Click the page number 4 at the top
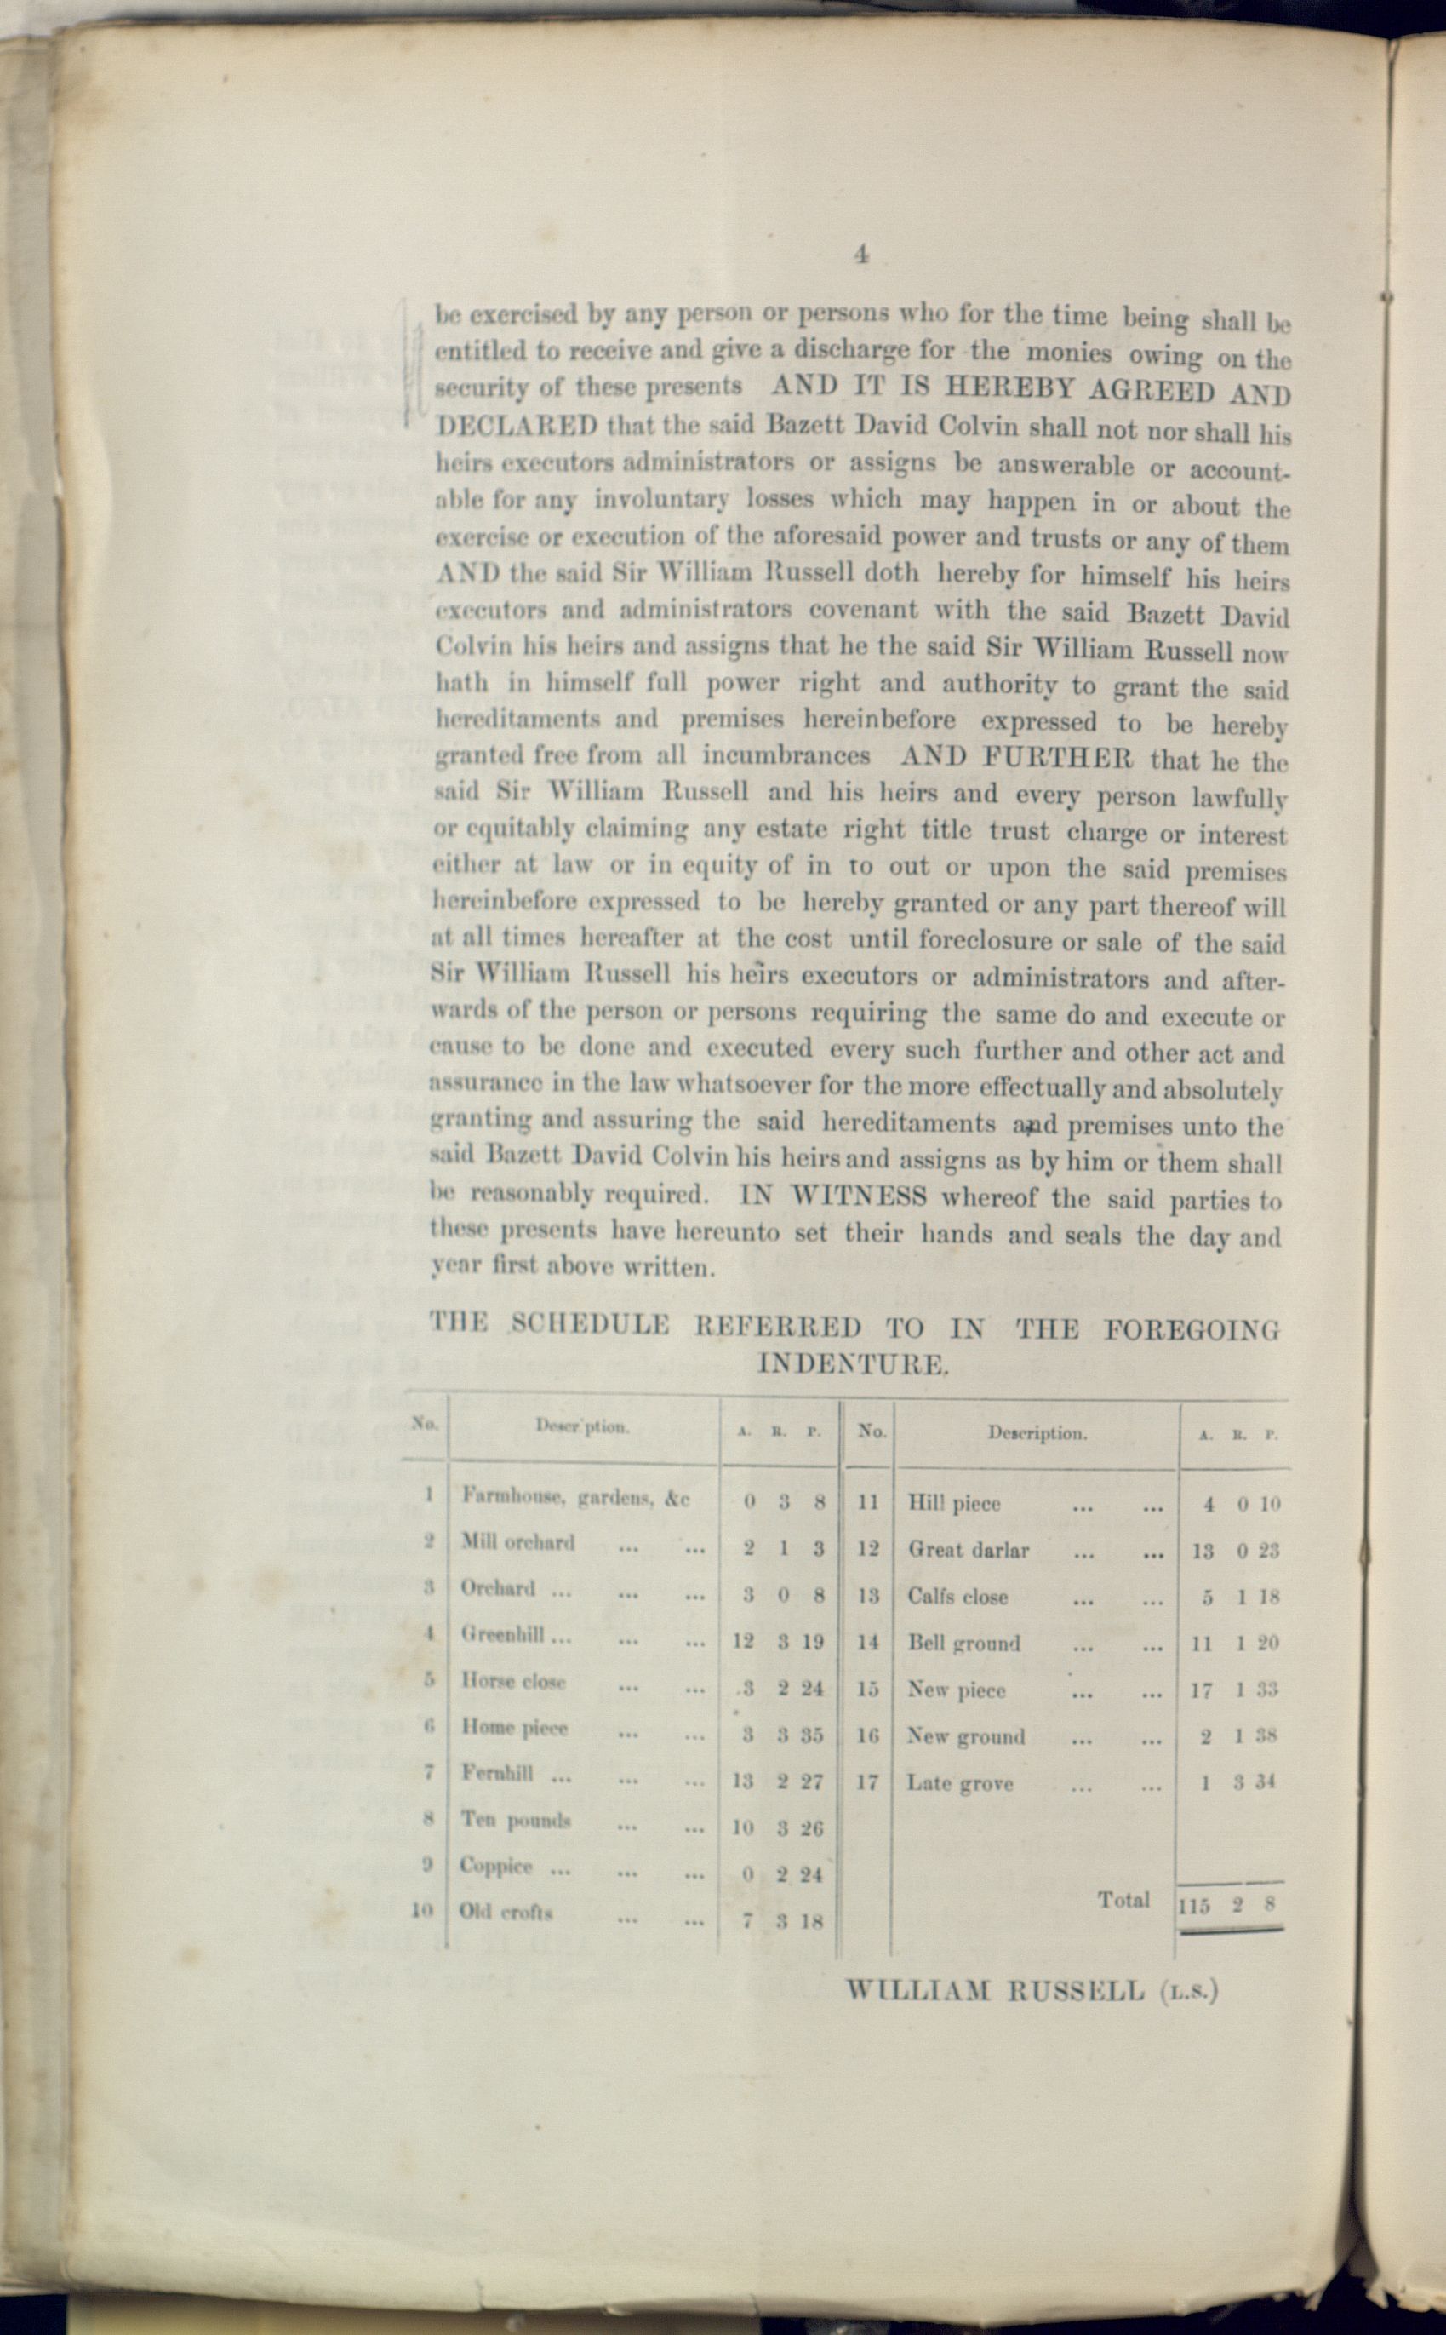click(860, 255)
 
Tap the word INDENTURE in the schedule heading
click(852, 1364)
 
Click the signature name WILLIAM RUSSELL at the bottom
click(995, 1993)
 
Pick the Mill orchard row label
click(517, 1542)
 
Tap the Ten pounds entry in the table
click(516, 1820)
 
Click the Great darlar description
click(968, 1550)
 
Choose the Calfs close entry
click(957, 1597)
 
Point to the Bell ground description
click(963, 1644)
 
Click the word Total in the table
click(1123, 1900)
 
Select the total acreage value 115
click(1193, 1906)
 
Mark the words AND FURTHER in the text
click(1015, 757)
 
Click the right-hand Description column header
click(1037, 1434)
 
